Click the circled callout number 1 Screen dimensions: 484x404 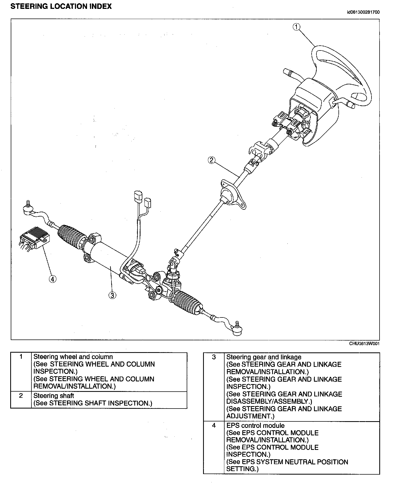297,27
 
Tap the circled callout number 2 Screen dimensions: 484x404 211,160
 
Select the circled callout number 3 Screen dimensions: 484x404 112,295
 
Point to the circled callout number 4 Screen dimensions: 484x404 53,279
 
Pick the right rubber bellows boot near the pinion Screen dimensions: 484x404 188,302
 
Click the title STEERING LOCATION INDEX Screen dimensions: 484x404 61,6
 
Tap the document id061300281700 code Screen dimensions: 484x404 363,12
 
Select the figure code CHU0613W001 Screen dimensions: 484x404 364,344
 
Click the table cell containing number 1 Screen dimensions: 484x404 21,357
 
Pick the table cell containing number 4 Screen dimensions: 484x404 214,425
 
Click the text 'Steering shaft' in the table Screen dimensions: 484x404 53,396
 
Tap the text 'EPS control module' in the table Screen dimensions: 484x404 255,425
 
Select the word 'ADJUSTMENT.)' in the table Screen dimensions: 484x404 250,416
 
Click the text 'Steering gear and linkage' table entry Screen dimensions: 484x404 264,357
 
